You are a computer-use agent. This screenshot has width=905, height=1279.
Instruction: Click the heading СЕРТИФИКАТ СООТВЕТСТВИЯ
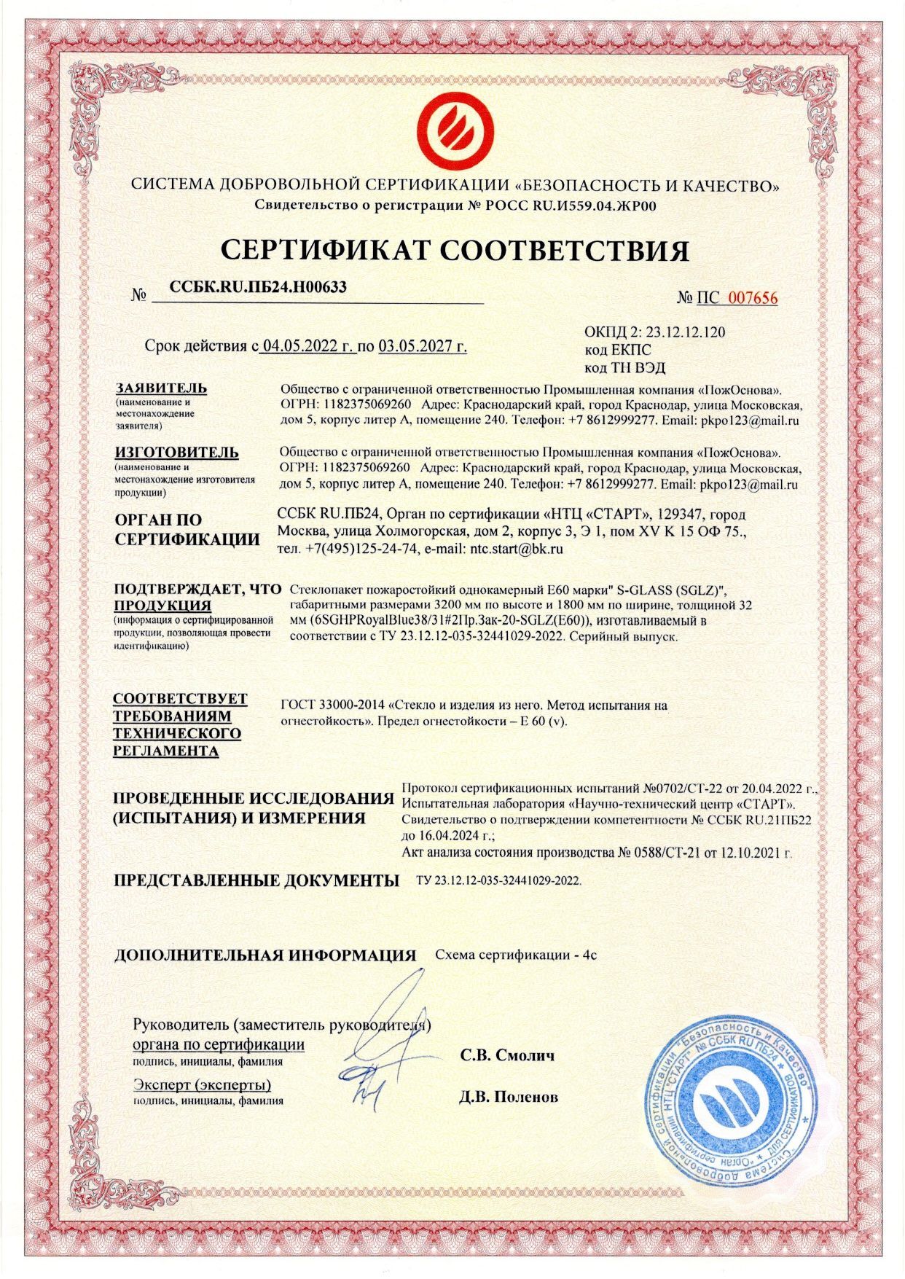tap(455, 250)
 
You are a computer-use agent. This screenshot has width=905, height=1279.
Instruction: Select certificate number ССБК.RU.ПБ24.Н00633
tap(257, 287)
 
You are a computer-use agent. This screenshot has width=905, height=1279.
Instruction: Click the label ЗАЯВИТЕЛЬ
tap(160, 388)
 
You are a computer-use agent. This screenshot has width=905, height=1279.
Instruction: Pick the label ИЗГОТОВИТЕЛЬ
tap(176, 452)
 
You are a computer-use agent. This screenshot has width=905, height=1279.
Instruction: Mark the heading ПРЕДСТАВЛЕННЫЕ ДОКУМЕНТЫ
tap(256, 880)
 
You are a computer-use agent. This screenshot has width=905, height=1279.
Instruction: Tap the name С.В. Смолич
tap(507, 1055)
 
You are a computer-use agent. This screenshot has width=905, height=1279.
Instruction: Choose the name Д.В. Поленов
tap(509, 1096)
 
